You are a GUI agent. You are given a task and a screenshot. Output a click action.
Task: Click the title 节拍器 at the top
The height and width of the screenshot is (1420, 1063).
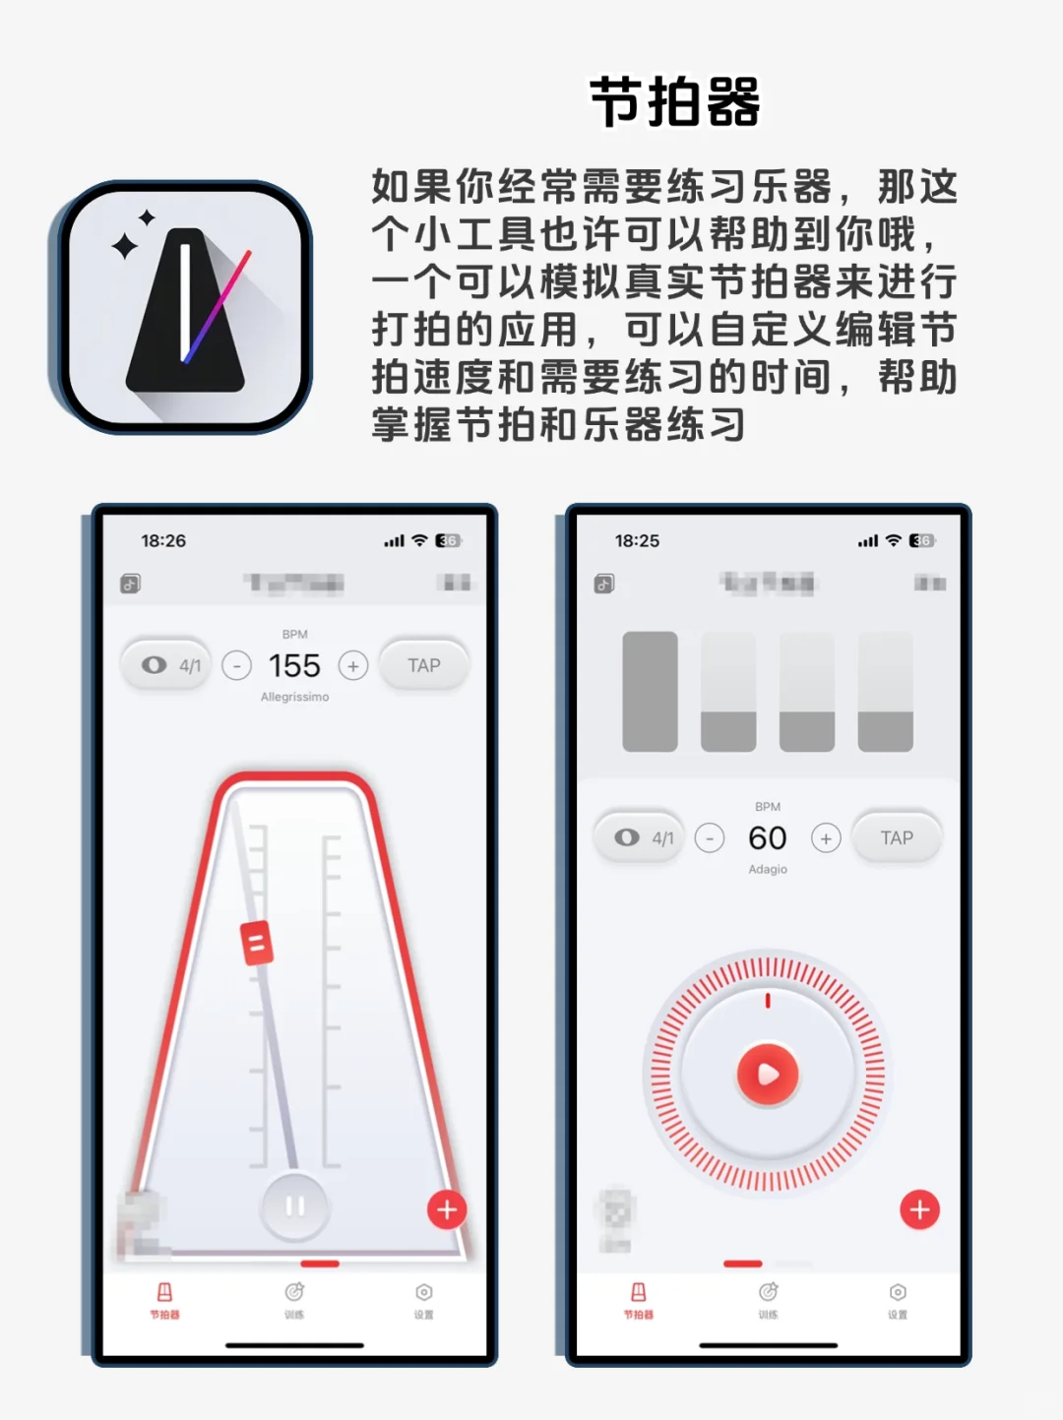[x=674, y=102]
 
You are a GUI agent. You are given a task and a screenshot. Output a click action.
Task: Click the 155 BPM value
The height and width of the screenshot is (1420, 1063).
[x=294, y=666]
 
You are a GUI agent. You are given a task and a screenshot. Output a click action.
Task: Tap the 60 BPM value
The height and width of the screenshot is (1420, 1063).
[x=767, y=838]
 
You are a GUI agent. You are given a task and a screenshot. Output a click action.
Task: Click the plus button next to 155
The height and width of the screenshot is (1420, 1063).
[x=353, y=666]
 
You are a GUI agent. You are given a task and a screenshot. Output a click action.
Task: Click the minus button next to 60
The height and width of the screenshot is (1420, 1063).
[x=710, y=838]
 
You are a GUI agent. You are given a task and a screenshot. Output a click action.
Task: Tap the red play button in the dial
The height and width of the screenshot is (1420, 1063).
[x=768, y=1075]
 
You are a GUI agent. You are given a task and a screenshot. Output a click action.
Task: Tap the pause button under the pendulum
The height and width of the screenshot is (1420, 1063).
[x=294, y=1205]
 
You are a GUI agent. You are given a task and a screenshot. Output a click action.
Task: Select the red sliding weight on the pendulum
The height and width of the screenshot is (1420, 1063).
[x=257, y=943]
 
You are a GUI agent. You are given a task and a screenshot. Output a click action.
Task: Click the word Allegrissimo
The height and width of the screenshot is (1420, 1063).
[x=294, y=697]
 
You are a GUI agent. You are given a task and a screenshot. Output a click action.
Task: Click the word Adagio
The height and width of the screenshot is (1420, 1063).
[x=767, y=870]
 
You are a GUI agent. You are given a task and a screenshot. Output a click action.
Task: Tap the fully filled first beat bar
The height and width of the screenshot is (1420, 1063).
[x=650, y=692]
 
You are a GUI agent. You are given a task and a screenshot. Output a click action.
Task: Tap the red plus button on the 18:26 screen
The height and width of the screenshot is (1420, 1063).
[x=447, y=1209]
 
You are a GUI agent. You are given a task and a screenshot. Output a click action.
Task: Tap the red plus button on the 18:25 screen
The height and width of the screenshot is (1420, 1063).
[x=920, y=1209]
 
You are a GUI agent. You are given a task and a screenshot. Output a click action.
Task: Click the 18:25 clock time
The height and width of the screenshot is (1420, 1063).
[x=637, y=541]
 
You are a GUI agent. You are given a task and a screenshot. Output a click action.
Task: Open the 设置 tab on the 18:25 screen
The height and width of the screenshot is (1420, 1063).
[x=898, y=1300]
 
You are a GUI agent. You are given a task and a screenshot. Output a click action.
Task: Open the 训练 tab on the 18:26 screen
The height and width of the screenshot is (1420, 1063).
[x=294, y=1300]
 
